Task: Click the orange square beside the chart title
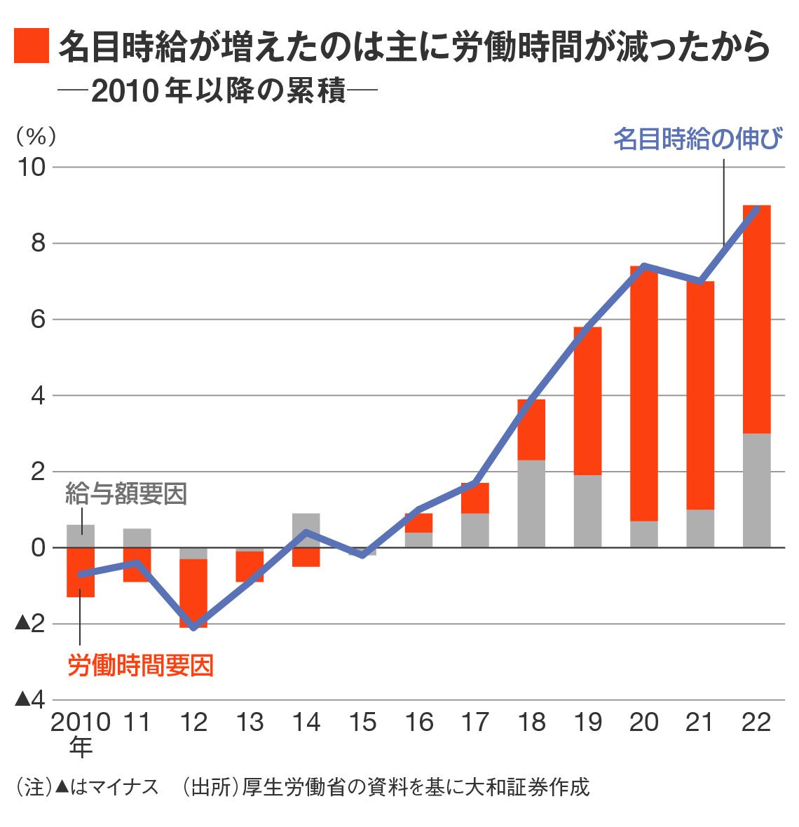32,46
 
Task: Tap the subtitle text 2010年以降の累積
219,91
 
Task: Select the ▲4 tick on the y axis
30,699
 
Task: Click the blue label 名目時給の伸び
697,139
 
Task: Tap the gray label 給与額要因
126,494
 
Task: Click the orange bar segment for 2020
644,392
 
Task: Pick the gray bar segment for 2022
756,491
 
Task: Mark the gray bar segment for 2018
531,503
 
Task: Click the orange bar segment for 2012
193,592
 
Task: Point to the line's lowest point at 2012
194,627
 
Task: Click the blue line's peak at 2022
756,208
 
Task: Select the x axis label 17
475,722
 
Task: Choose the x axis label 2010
81,722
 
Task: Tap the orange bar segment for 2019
587,401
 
